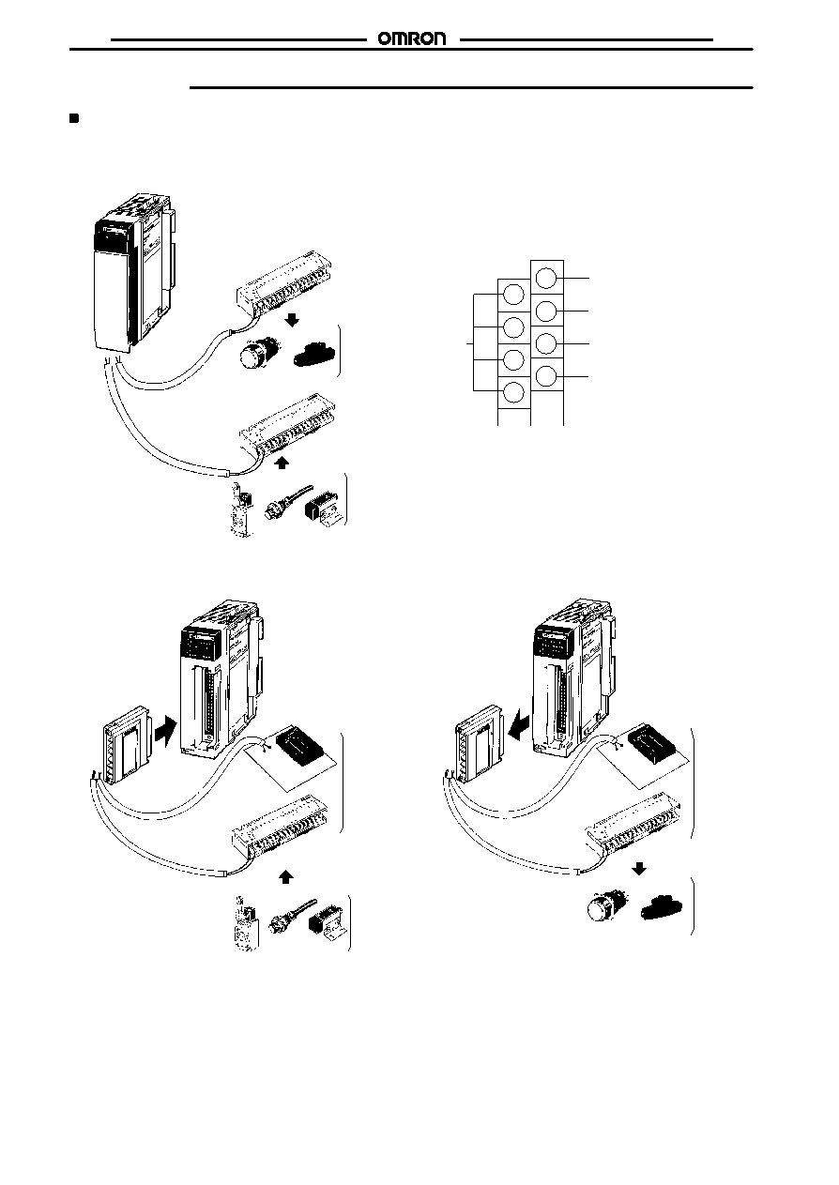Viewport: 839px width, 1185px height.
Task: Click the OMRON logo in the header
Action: pyautogui.click(x=412, y=39)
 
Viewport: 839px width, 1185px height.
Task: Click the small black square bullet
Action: pyautogui.click(x=74, y=118)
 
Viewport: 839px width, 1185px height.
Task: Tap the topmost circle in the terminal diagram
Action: pyautogui.click(x=546, y=278)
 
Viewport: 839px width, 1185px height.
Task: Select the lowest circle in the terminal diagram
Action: pyautogui.click(x=513, y=392)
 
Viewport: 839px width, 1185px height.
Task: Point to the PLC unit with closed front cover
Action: pyautogui.click(x=132, y=271)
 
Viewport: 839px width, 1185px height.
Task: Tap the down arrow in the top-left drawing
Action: pyautogui.click(x=292, y=320)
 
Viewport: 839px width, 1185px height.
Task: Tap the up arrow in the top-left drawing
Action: pyautogui.click(x=282, y=463)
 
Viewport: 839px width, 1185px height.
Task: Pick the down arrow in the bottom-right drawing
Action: pyautogui.click(x=639, y=868)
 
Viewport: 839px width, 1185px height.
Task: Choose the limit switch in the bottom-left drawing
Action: pyautogui.click(x=246, y=922)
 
